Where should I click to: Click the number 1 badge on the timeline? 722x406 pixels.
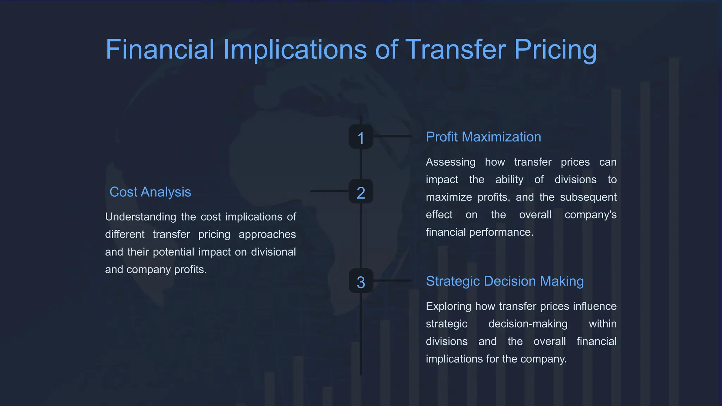[361, 137]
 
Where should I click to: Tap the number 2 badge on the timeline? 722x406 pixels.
[361, 191]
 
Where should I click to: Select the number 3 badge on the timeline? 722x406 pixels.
[361, 281]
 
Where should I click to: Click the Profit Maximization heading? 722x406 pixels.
[483, 137]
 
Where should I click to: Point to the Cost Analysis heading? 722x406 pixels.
[150, 192]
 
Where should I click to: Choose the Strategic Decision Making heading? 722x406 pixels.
[504, 281]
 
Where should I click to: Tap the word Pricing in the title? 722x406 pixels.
[555, 50]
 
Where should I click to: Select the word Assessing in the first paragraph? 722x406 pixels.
[450, 162]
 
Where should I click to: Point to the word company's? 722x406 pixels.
[590, 215]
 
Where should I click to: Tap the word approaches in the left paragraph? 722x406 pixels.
[267, 234]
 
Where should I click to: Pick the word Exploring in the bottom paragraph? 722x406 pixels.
[448, 306]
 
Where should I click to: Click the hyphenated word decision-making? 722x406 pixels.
[527, 324]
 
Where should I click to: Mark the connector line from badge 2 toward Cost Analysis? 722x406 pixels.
[329, 191]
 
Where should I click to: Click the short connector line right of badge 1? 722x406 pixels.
[392, 136]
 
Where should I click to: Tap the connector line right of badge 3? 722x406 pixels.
[392, 281]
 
